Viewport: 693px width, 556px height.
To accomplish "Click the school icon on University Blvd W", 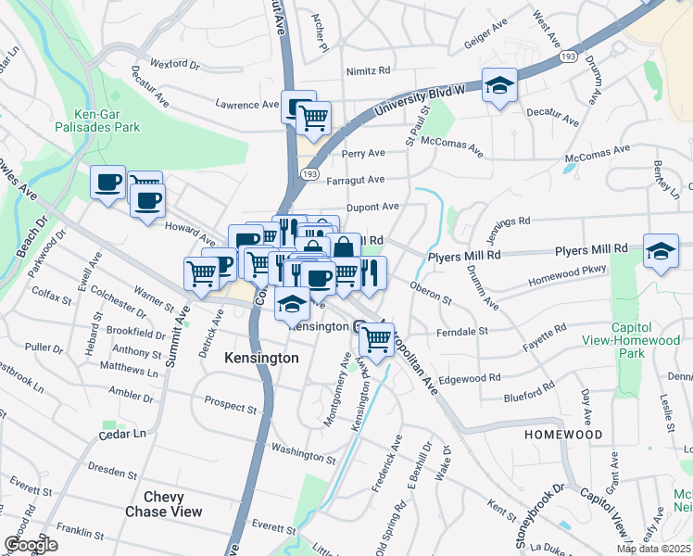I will (x=499, y=85).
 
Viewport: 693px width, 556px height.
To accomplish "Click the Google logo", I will (x=30, y=545).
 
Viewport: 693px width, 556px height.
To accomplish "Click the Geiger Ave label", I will (x=484, y=43).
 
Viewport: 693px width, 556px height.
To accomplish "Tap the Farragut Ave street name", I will (x=362, y=180).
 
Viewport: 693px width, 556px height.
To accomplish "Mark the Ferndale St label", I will (x=464, y=331).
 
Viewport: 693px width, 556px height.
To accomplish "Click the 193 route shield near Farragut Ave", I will (x=309, y=174).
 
